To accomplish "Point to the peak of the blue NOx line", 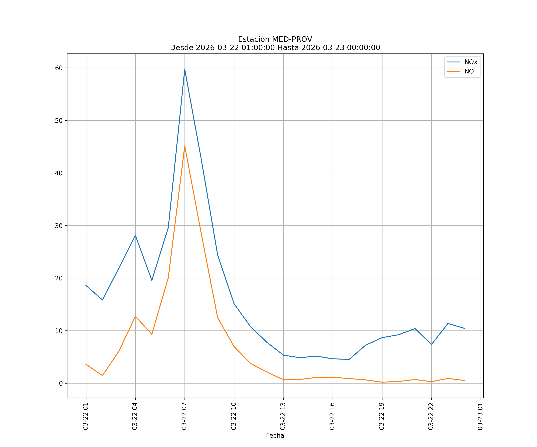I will (185, 69).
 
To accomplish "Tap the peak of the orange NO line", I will (185, 146).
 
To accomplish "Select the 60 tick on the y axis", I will (59, 68).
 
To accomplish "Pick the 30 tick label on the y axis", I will (59, 226).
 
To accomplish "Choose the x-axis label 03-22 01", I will (86, 416).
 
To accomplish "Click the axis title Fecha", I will (275, 436).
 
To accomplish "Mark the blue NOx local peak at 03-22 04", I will (135, 235).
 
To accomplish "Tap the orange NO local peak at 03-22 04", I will (135, 316).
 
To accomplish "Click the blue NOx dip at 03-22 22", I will (431, 345).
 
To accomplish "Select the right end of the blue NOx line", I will (464, 329).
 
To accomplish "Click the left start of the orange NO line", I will (86, 364).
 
